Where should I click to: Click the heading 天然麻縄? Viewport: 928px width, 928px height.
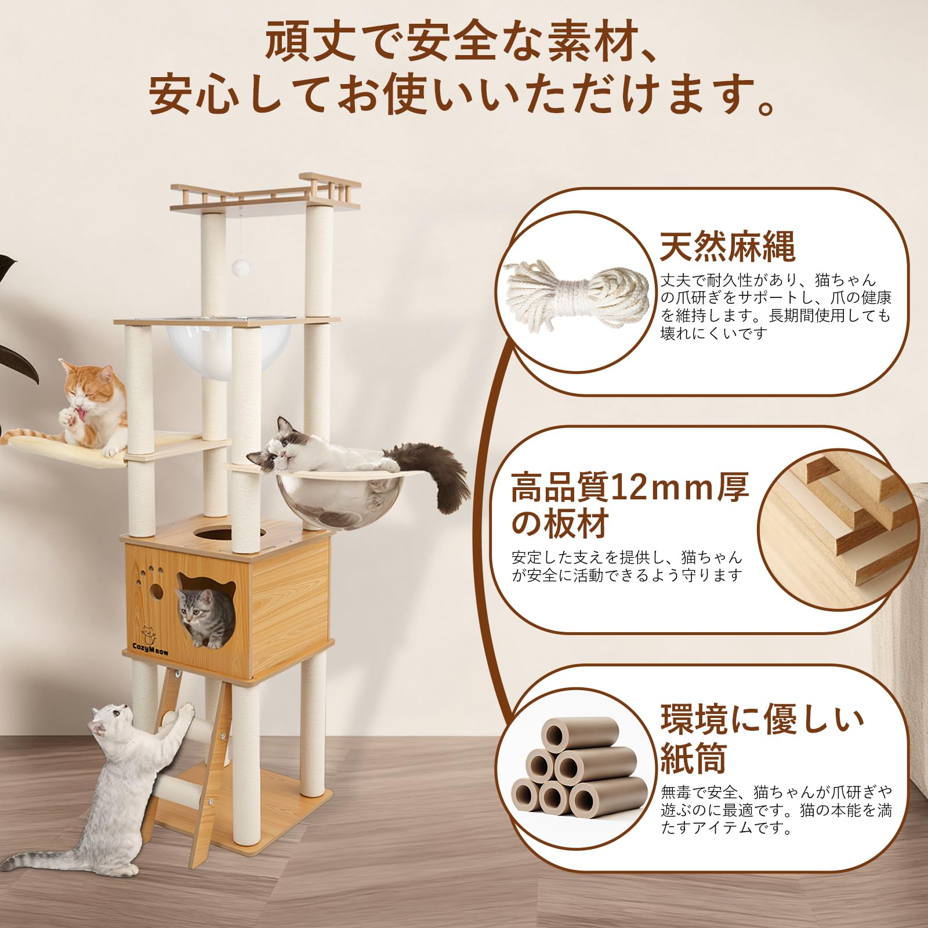click(x=728, y=247)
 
